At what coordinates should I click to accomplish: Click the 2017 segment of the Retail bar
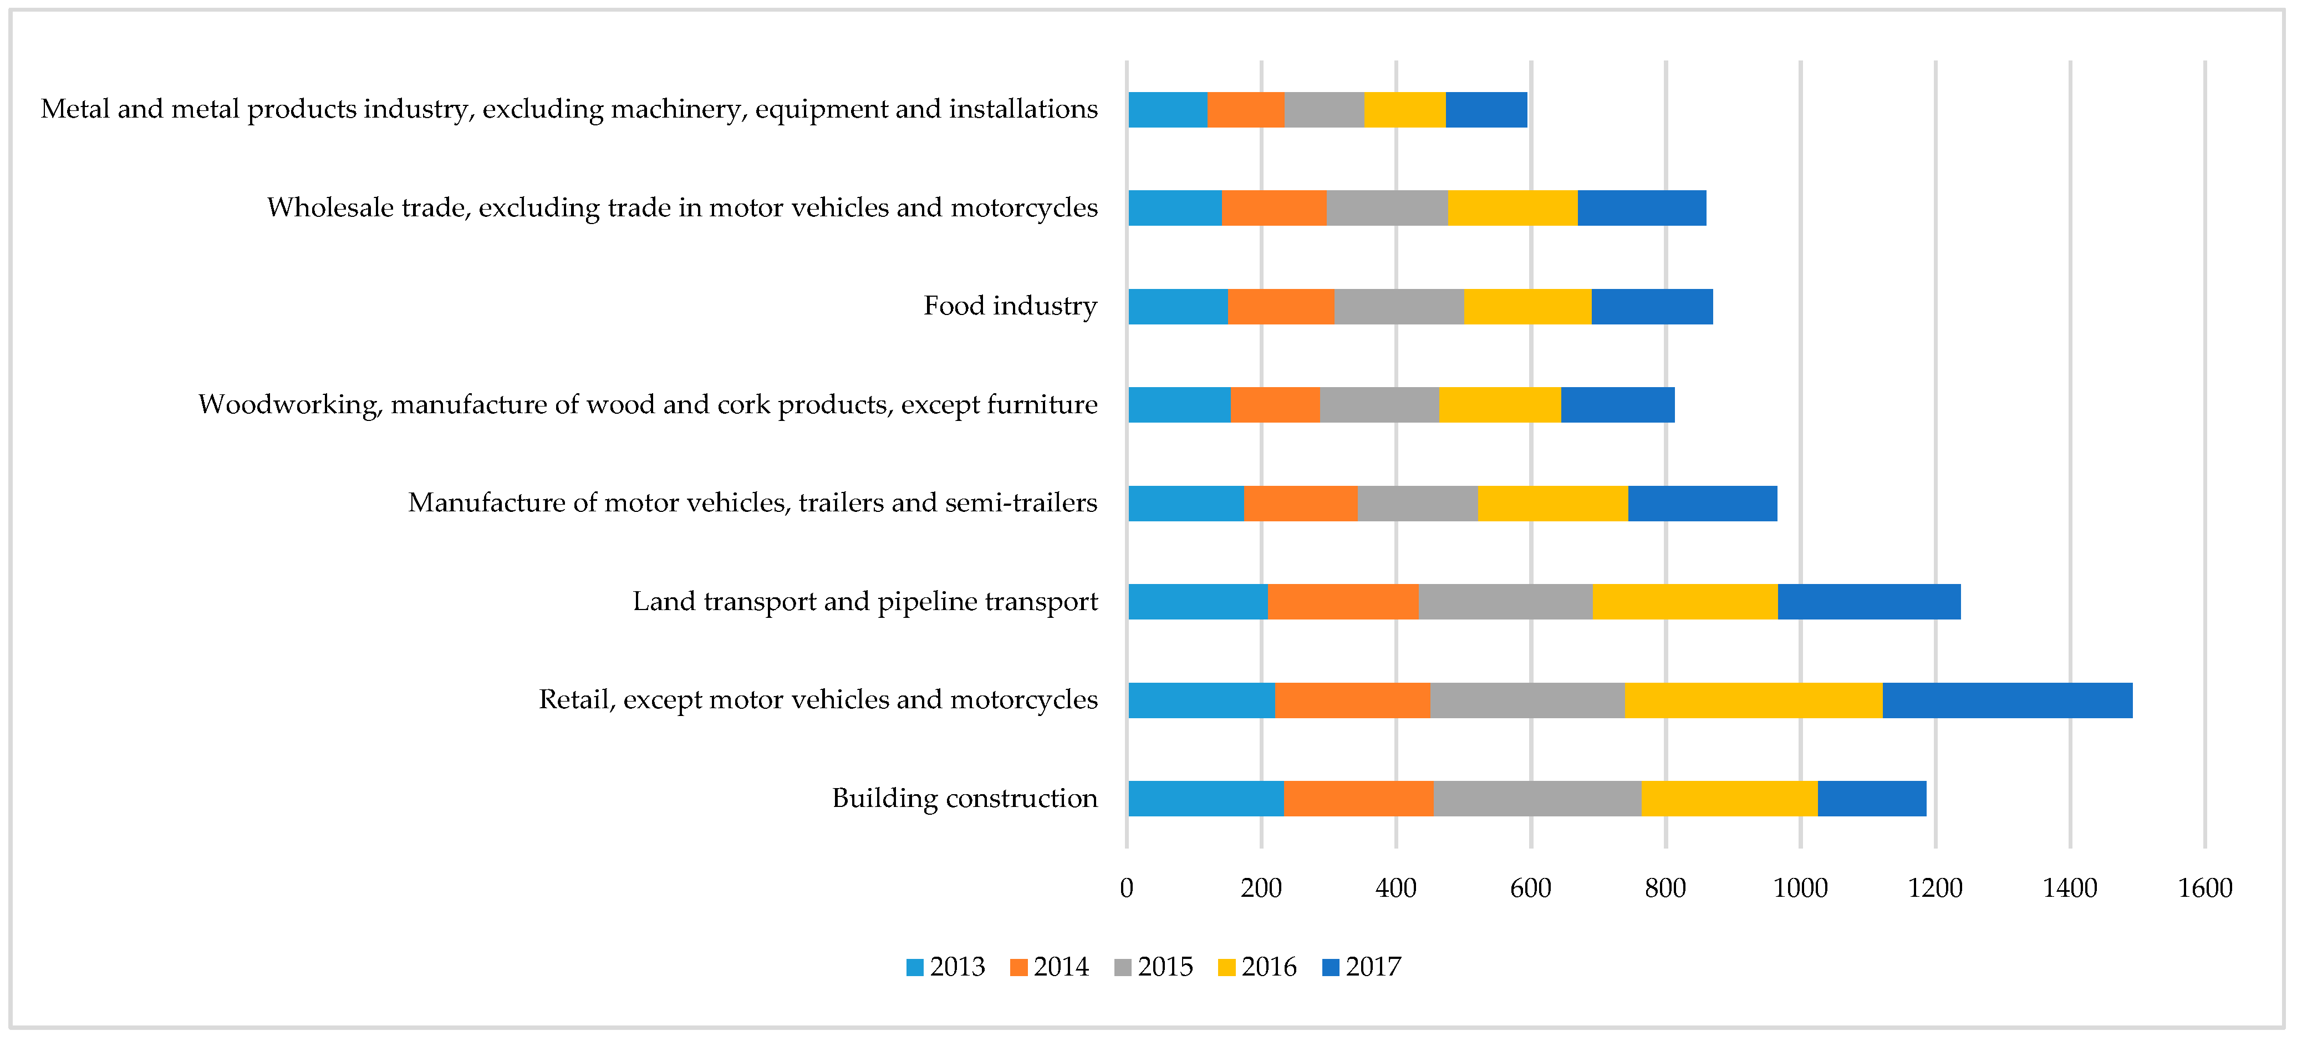coord(2007,700)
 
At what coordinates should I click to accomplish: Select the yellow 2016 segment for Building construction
coord(1730,799)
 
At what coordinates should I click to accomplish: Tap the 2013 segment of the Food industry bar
coord(1178,306)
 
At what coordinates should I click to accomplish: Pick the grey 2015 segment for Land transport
coord(1505,601)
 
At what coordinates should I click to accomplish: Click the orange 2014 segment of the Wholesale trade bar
coord(1274,208)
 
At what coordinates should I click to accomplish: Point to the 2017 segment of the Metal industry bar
coord(1486,110)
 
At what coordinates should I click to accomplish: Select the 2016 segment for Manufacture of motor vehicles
coord(1552,503)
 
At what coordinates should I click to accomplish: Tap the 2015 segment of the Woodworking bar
coord(1379,405)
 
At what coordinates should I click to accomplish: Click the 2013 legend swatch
coord(915,968)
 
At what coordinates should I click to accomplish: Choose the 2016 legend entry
coord(1257,967)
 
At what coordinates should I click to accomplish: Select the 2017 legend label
coord(1373,967)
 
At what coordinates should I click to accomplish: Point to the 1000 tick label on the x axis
coord(1800,888)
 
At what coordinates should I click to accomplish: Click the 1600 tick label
coord(2205,888)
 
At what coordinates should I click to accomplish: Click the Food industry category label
coord(1010,306)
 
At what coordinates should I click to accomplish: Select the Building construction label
coord(965,799)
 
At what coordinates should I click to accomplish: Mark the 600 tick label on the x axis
coord(1531,888)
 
